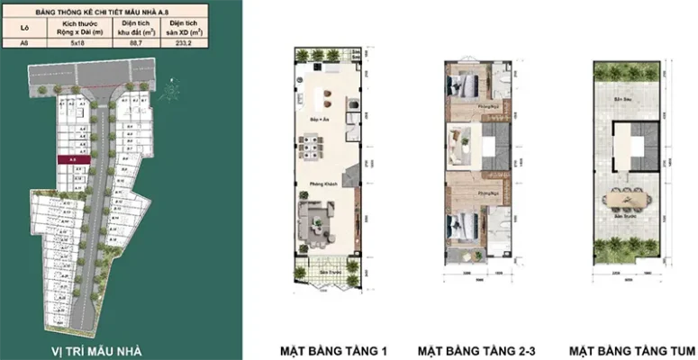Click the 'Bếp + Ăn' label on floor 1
click(x=316, y=119)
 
